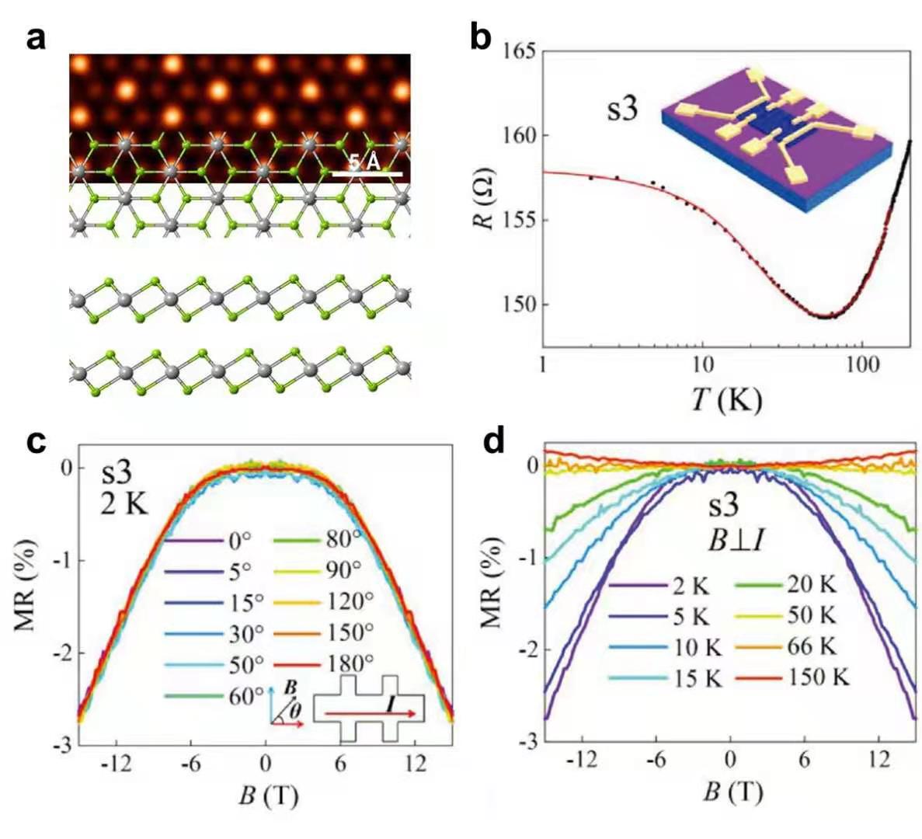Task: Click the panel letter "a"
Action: coord(36,37)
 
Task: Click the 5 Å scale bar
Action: coord(367,174)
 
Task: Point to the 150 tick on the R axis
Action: coord(520,305)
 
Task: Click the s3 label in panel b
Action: coord(622,109)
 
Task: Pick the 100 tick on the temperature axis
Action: coord(860,364)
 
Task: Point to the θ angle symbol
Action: coord(295,709)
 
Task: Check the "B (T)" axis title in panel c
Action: coord(268,795)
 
